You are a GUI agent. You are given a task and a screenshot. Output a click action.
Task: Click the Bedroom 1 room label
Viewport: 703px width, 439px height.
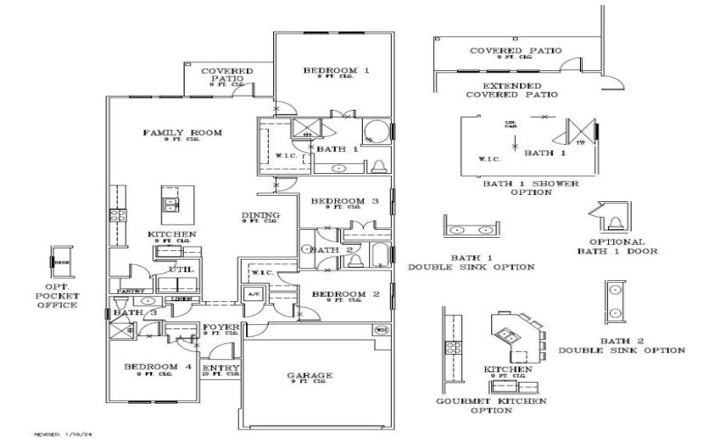pos(337,69)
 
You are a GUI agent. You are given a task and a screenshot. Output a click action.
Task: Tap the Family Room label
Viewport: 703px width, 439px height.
pos(182,133)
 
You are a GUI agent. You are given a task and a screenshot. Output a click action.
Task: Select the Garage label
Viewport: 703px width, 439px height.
pos(310,376)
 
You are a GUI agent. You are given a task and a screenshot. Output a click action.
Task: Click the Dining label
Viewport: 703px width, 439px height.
pos(261,216)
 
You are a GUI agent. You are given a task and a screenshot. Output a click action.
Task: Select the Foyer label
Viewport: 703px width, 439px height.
pos(221,329)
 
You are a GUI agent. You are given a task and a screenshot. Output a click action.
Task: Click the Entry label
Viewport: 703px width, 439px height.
pos(221,369)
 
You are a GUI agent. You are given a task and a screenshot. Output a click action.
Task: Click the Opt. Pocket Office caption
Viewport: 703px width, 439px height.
pos(62,296)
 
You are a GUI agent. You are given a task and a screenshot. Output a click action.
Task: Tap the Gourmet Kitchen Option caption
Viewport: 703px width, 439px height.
pos(491,406)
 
